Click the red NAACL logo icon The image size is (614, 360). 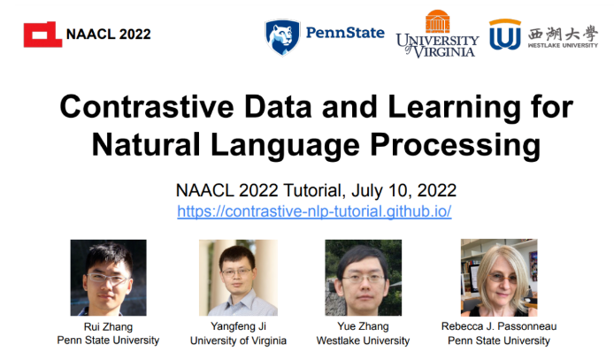42,34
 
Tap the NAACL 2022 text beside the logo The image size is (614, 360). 109,34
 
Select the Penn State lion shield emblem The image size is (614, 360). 282,37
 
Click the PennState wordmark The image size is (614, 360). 345,33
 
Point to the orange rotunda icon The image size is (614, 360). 437,21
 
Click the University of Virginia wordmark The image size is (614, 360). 437,46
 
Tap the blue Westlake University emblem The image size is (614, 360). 505,34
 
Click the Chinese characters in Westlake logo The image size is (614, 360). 563,34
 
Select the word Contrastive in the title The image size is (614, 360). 147,107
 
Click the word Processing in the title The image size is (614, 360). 455,146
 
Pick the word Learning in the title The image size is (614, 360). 454,108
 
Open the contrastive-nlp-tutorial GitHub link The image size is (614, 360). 314,211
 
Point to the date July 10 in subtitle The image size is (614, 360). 379,190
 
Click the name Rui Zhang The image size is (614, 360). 108,326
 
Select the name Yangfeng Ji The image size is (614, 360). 239,326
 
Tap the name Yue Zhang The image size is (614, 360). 363,326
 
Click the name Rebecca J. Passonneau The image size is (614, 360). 499,326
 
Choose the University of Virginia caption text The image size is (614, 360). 239,341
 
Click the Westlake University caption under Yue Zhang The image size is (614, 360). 363,341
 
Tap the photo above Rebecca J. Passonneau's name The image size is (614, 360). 499,278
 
